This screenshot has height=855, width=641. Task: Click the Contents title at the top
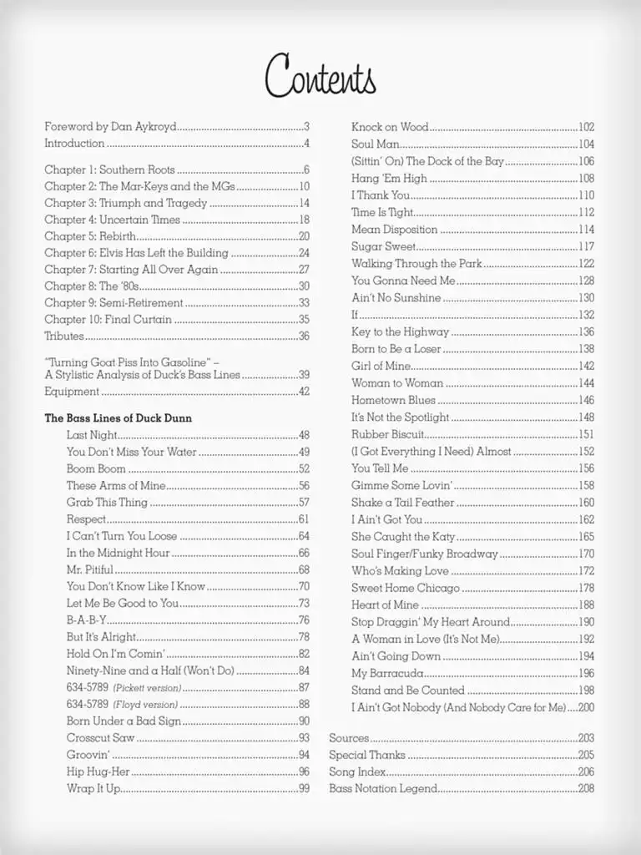coord(320,77)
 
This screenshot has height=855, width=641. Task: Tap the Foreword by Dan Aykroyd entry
coord(110,127)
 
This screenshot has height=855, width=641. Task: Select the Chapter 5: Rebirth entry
coord(82,236)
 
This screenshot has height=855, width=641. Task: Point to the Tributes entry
coord(64,336)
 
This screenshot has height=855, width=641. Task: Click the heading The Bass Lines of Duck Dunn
coord(118,418)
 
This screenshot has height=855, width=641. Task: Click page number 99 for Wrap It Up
coord(304,789)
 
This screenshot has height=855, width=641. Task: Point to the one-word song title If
coord(355,315)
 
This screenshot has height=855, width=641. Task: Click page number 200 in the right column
coord(586,707)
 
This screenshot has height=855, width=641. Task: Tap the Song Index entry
coord(357,772)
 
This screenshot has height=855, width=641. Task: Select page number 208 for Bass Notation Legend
coord(586,789)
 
